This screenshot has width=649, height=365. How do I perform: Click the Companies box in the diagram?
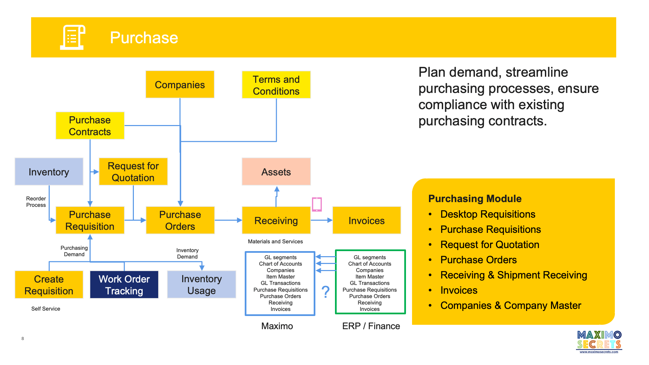(180, 84)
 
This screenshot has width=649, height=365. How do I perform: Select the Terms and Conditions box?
(276, 85)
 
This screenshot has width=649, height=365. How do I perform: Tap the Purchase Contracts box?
(90, 126)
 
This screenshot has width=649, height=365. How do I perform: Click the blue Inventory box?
(49, 172)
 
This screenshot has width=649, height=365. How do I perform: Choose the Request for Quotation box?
(133, 172)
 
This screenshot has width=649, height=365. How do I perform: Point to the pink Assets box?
(276, 172)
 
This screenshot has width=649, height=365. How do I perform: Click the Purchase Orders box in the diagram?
(180, 220)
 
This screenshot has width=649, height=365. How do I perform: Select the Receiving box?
(276, 220)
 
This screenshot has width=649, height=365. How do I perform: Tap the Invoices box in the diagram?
(367, 220)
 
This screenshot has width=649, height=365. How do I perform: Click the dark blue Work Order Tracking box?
(124, 285)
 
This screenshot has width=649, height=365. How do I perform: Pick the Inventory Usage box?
(201, 285)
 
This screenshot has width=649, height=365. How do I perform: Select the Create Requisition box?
(49, 285)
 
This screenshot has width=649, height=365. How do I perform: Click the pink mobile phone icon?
(317, 204)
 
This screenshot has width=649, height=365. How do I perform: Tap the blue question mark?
(326, 291)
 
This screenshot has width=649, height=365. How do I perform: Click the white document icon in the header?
(72, 37)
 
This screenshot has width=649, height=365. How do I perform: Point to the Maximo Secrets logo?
(599, 342)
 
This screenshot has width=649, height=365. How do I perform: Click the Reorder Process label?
(36, 202)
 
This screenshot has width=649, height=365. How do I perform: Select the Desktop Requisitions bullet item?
(488, 214)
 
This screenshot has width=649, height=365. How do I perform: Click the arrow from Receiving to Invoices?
(321, 220)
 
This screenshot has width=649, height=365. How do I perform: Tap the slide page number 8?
(23, 338)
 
